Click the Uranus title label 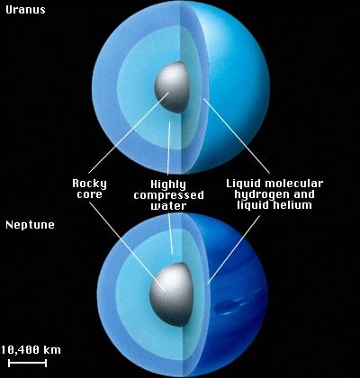pos(25,10)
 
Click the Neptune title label pos(30,225)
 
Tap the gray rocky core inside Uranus pos(172,87)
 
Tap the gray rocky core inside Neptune pos(171,294)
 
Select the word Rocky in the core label pos(89,184)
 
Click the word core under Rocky pos(89,194)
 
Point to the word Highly pos(168,184)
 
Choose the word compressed pos(168,195)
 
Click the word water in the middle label pos(168,206)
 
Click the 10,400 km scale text pos(31,350)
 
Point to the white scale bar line pos(27,363)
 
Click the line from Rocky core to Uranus pos(129,132)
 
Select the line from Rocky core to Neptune pos(127,247)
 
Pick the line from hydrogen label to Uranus pos(237,136)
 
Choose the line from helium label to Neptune pos(234,249)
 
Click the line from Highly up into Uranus pos(168,148)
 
